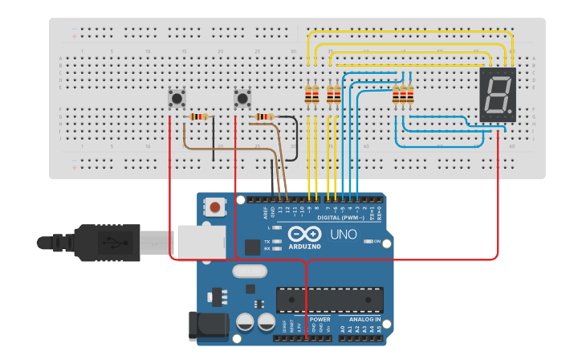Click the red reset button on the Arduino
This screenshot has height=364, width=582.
[x=214, y=208]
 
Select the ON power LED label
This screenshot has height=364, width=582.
[x=376, y=241]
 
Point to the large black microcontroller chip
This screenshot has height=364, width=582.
[x=325, y=299]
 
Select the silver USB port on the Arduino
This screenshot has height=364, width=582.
[x=201, y=241]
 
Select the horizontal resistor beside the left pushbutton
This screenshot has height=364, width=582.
[x=198, y=117]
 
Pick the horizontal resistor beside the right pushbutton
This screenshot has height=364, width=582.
[x=264, y=117]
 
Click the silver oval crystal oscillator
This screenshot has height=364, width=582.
[x=250, y=272]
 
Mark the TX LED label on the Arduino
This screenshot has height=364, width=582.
[x=267, y=240]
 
